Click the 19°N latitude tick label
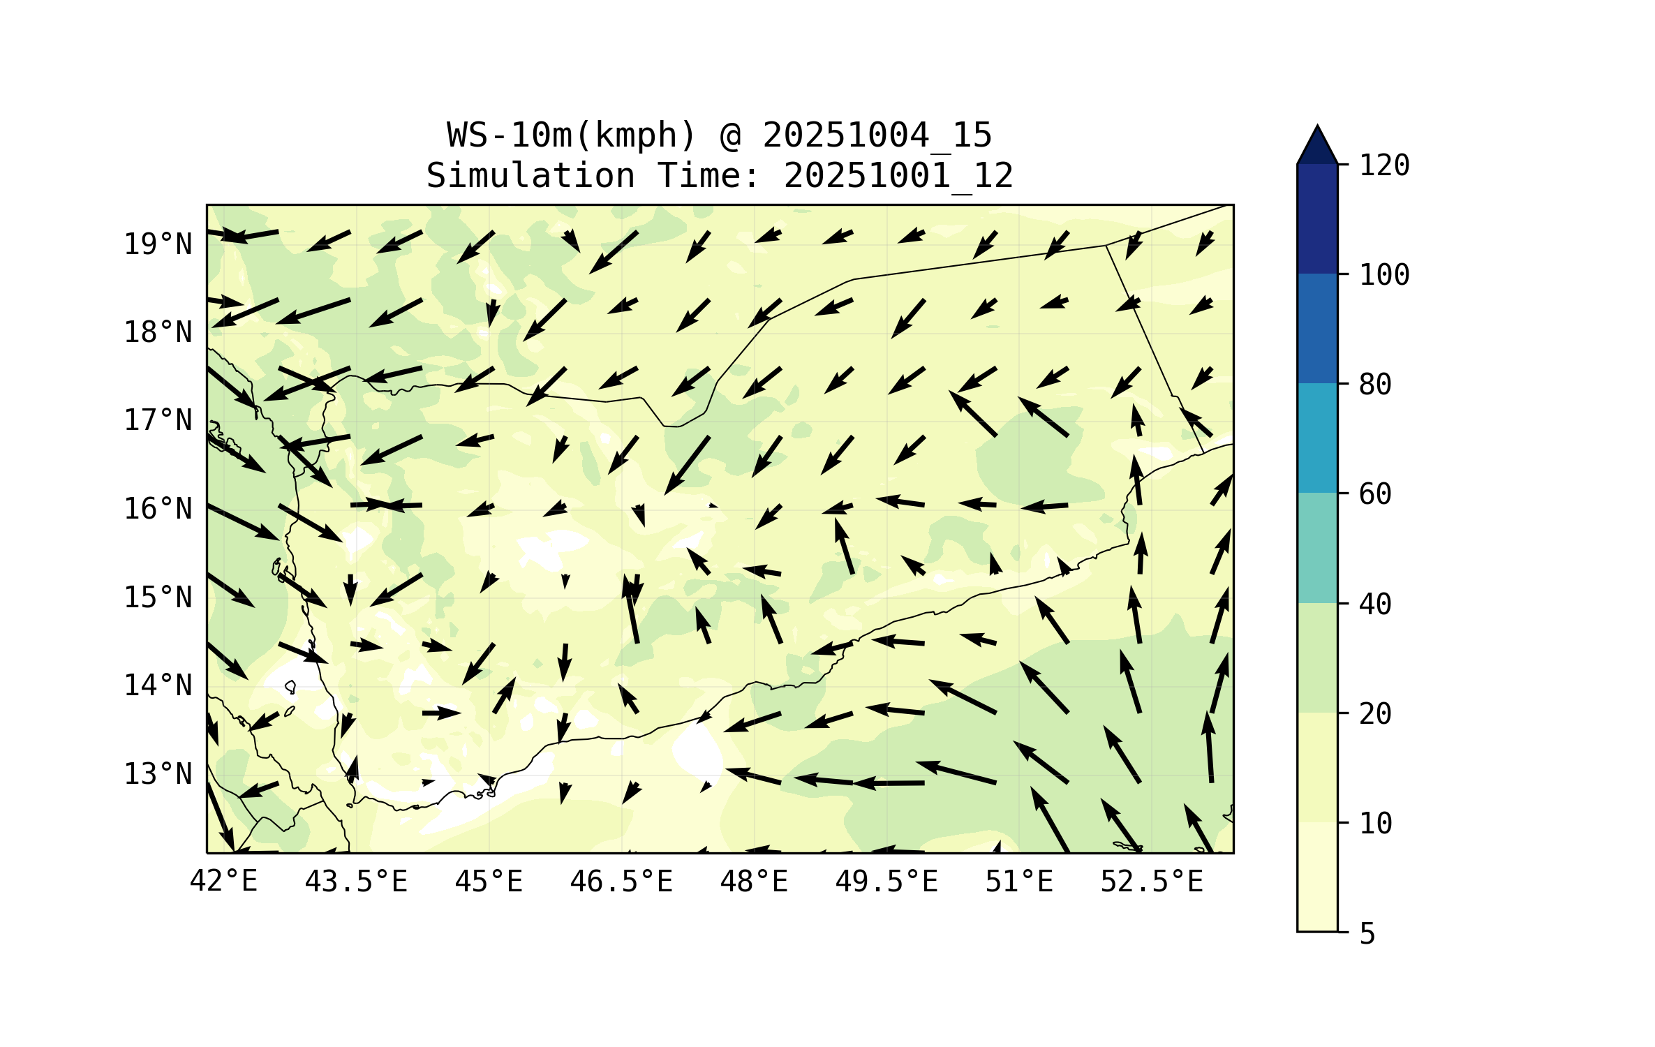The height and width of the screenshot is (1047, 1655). click(x=158, y=244)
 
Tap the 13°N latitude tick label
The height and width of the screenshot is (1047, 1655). click(x=158, y=774)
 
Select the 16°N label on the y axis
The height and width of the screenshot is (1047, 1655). click(x=158, y=509)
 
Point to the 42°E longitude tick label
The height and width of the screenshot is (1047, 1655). click(x=223, y=882)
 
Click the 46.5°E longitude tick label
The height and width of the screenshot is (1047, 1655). click(x=621, y=882)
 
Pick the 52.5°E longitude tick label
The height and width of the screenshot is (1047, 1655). click(x=1152, y=882)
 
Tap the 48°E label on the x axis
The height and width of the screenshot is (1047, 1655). click(x=754, y=882)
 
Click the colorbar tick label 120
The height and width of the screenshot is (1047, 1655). click(x=1384, y=165)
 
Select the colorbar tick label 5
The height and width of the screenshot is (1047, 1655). click(x=1367, y=934)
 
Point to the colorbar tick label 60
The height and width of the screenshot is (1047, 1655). click(x=1375, y=494)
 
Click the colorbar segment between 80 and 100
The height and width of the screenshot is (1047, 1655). click(x=1317, y=328)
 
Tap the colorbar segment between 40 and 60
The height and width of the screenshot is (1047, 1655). click(x=1317, y=548)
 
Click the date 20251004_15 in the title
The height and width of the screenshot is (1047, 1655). click(x=877, y=135)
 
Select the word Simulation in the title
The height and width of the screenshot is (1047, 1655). click(x=530, y=175)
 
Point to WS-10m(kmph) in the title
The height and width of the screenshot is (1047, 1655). click(x=572, y=135)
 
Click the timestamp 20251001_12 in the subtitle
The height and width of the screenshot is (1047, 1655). click(x=898, y=175)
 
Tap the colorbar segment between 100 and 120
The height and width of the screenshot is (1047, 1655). click(x=1317, y=218)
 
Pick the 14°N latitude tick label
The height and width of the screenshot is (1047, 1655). click(x=158, y=685)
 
